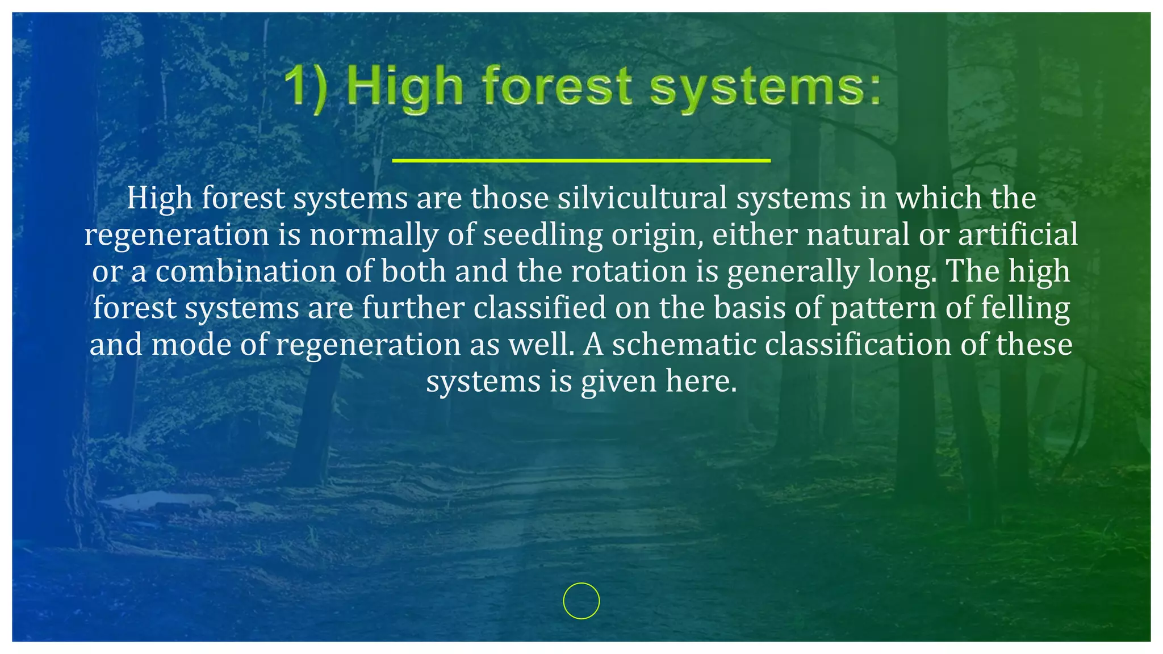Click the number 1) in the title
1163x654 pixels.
click(x=306, y=88)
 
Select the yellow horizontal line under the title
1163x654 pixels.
click(x=581, y=161)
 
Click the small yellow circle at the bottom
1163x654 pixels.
click(x=581, y=601)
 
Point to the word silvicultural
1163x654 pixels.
click(x=642, y=198)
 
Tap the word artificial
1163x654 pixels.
click(x=1018, y=235)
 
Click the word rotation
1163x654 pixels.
click(x=629, y=271)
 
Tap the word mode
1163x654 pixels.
click(x=191, y=345)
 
